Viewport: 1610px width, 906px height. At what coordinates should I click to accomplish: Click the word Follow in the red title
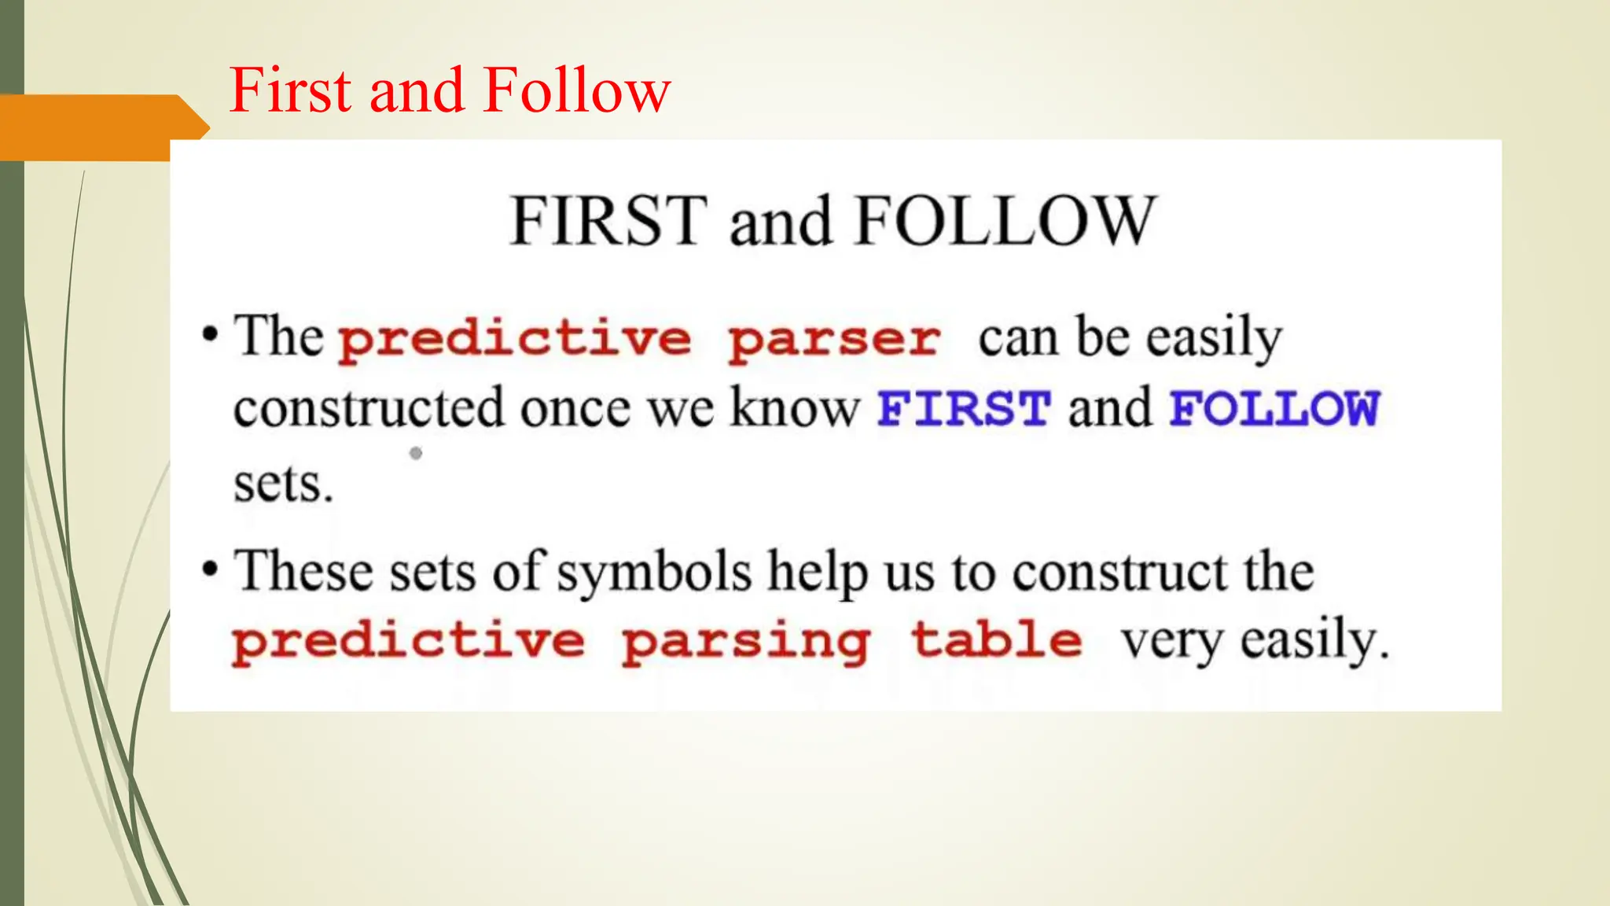[577, 90]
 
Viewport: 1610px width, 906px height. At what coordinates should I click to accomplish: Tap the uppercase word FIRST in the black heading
[608, 221]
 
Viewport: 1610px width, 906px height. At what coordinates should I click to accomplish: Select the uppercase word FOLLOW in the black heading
[1005, 221]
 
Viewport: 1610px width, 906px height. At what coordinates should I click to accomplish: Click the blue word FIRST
[964, 409]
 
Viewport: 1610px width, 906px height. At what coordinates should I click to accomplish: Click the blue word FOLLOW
[1274, 409]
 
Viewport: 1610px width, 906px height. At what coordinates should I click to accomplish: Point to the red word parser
[834, 340]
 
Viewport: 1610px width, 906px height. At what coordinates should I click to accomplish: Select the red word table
[997, 640]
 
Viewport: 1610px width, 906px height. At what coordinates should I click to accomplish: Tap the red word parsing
[745, 642]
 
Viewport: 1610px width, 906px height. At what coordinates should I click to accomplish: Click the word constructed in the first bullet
[368, 409]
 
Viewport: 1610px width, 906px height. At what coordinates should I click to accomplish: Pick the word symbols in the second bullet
[654, 572]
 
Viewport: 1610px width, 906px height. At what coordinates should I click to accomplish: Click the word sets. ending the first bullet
[283, 484]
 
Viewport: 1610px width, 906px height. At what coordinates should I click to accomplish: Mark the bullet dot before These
[209, 569]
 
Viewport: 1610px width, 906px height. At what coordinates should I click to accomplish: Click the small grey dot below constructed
[416, 453]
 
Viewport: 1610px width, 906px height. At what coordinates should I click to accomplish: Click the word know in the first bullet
[795, 409]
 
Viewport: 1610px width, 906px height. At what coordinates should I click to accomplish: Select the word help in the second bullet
[818, 572]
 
